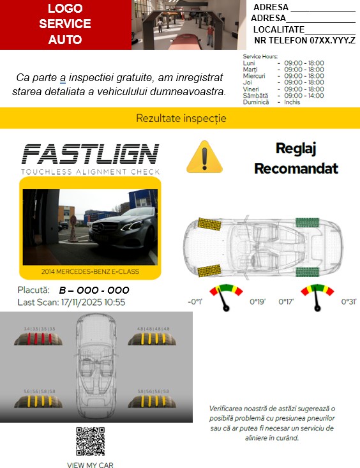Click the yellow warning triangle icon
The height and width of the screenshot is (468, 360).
coord(204,157)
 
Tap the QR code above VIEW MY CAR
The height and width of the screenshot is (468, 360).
coord(90,441)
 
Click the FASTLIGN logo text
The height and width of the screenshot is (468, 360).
coord(90,155)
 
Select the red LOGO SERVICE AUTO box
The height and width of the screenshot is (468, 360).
coord(65,24)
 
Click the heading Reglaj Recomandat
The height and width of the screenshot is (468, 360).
coord(296,158)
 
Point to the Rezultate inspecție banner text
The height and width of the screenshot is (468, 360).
coord(181,118)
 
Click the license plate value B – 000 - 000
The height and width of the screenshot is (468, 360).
coord(94,291)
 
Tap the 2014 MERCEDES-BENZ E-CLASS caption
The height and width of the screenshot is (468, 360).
coord(90,272)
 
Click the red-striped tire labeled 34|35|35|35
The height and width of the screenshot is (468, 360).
coord(39,338)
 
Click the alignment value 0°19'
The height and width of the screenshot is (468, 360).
coord(257,302)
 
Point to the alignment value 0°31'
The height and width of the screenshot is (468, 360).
coord(349,302)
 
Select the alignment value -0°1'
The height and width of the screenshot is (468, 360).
coord(195,302)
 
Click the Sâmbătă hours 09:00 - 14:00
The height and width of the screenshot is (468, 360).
coord(304,96)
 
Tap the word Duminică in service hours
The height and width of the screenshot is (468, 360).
coord(256,102)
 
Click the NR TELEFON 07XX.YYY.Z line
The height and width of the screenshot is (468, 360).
coord(304,40)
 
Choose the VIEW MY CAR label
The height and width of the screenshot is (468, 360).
coord(90,465)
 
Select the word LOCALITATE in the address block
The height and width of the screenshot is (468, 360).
coord(278,29)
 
